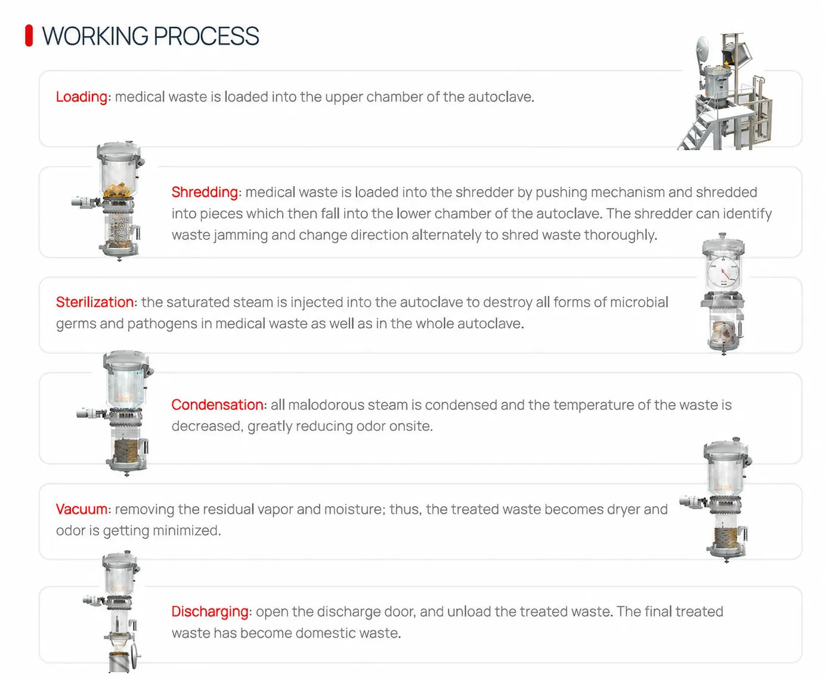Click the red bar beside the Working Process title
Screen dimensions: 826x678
[x=29, y=36]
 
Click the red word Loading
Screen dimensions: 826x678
[x=82, y=97]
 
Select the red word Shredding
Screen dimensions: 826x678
[x=205, y=192]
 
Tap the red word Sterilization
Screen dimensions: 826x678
[x=95, y=302]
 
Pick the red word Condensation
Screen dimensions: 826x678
[x=217, y=405]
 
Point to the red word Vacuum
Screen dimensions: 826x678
[x=82, y=509]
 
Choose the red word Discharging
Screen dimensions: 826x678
[x=210, y=611]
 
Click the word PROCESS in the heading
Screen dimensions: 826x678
[x=206, y=36]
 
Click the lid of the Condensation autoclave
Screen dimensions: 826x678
[x=126, y=360]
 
